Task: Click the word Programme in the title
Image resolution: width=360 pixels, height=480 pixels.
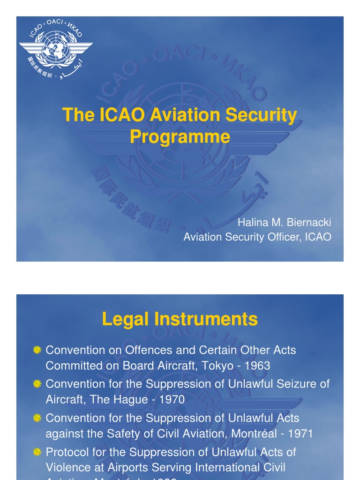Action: (x=180, y=136)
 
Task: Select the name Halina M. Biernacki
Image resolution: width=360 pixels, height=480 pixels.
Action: (x=284, y=222)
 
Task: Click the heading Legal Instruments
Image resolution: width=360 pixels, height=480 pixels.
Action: (x=180, y=319)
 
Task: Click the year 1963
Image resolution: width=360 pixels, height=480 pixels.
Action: (x=257, y=366)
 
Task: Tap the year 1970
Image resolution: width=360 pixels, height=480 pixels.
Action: (x=172, y=400)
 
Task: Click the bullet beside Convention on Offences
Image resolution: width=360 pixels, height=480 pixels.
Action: (x=37, y=350)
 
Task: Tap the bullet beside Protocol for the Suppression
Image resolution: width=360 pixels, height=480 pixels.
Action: (x=37, y=452)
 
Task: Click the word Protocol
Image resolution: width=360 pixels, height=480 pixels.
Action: (x=63, y=452)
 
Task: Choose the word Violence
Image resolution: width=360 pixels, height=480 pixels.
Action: (x=66, y=467)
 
